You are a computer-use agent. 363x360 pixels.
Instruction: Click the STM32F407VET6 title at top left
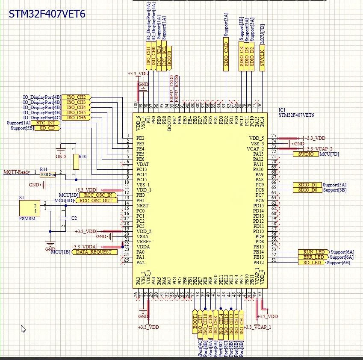coord(47,14)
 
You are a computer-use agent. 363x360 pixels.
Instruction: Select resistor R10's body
coord(76,162)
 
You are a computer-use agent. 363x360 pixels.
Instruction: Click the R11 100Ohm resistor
coord(47,174)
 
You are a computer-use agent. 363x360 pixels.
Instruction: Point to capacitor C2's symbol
coord(64,218)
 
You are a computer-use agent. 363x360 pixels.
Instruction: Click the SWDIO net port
coord(305,154)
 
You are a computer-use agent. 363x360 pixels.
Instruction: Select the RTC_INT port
coord(48,123)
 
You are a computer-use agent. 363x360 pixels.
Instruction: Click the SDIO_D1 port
coord(307,185)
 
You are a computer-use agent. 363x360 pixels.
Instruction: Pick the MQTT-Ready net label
coord(17,172)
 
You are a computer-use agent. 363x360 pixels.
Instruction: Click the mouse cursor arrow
coord(23,328)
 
